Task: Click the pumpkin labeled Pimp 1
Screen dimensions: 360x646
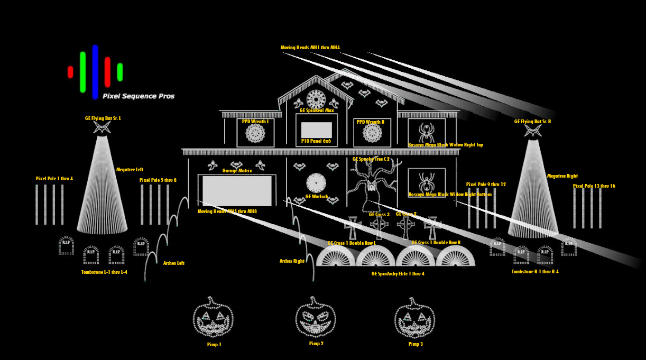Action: pyautogui.click(x=213, y=318)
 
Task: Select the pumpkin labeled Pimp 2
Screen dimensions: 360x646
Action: pyautogui.click(x=316, y=317)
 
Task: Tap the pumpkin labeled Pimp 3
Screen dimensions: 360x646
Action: pyautogui.click(x=414, y=318)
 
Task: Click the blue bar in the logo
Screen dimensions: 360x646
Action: pyautogui.click(x=95, y=72)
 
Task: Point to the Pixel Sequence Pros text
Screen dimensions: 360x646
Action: pyautogui.click(x=139, y=96)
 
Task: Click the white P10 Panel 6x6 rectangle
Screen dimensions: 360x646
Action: pyautogui.click(x=316, y=130)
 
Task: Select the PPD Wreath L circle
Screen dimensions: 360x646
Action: pyautogui.click(x=255, y=133)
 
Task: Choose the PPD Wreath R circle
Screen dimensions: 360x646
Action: pyautogui.click(x=372, y=133)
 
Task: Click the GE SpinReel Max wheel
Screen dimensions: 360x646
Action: pyautogui.click(x=316, y=99)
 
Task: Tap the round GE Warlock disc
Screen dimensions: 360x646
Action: pyautogui.click(x=316, y=183)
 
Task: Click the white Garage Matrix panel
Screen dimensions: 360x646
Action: pyautogui.click(x=237, y=191)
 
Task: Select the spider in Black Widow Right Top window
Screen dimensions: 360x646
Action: pyautogui.click(x=426, y=131)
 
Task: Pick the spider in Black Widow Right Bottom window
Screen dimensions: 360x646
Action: pyautogui.click(x=426, y=181)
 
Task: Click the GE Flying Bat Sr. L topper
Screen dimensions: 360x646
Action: pyautogui.click(x=102, y=127)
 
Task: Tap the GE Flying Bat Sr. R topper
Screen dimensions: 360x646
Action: pyautogui.click(x=533, y=130)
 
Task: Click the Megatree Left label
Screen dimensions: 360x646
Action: pyautogui.click(x=130, y=170)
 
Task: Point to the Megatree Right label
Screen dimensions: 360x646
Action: pyautogui.click(x=562, y=176)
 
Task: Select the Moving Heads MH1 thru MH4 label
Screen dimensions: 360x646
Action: pyautogui.click(x=310, y=48)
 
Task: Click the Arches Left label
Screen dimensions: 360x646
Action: pyautogui.click(x=173, y=263)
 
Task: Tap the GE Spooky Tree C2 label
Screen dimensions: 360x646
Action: pyautogui.click(x=371, y=159)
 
